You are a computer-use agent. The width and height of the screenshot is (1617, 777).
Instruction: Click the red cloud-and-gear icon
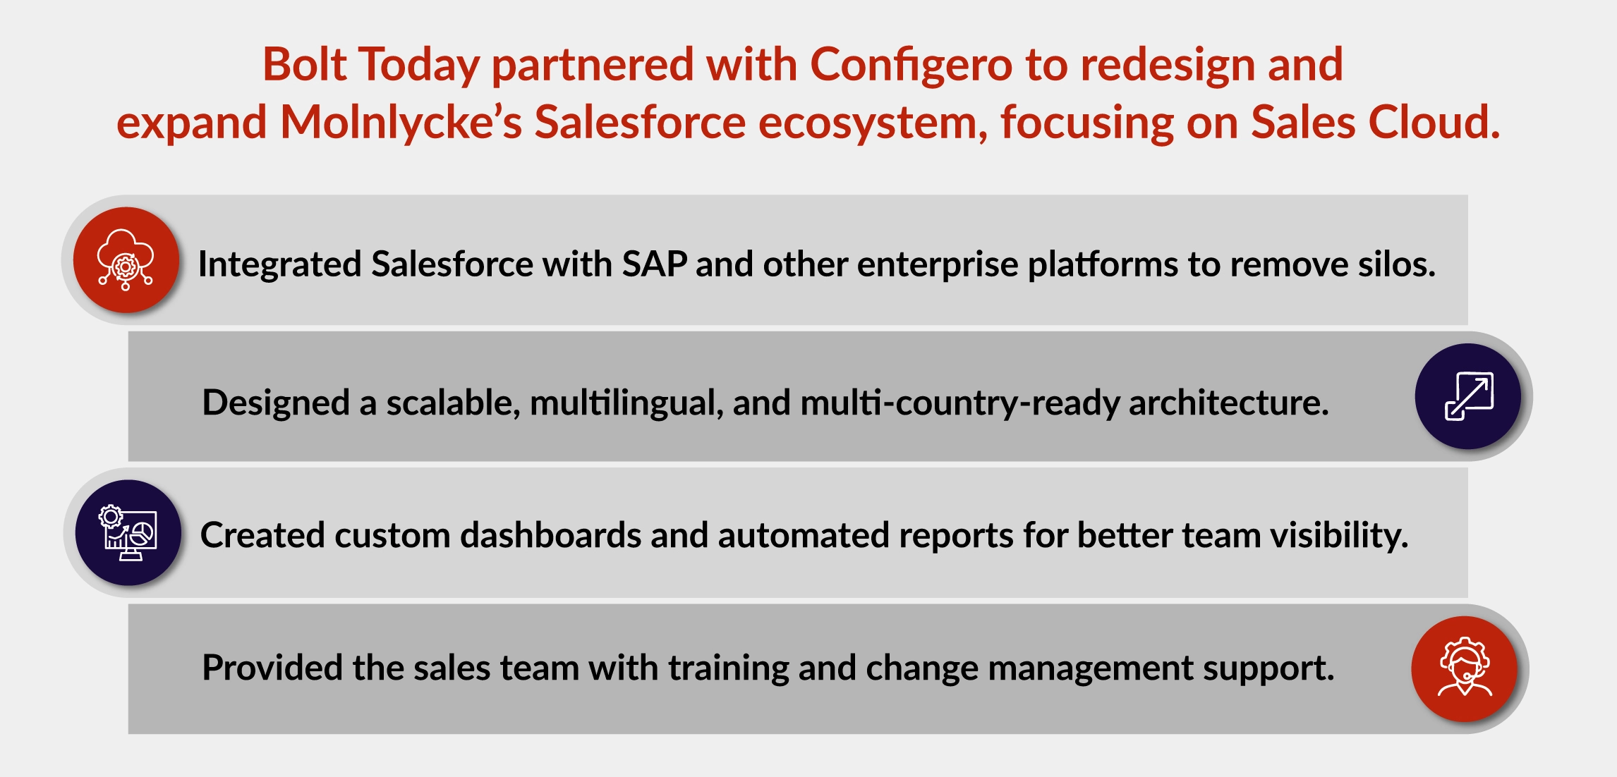pos(126,259)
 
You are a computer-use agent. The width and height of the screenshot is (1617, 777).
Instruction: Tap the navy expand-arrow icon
pos(1468,396)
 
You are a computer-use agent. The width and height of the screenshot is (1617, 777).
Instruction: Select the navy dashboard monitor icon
pos(128,532)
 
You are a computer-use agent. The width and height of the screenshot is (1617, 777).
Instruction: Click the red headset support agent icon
pos(1465,668)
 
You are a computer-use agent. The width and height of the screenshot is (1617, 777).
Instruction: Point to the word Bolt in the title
pos(305,64)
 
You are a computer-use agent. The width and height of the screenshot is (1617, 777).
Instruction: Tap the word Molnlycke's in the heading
pos(401,123)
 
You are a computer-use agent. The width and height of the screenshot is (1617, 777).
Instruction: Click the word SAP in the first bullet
pos(654,264)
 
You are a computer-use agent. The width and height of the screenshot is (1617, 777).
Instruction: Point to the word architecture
pos(1229,403)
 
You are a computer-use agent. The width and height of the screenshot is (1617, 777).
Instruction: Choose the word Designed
pos(276,403)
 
